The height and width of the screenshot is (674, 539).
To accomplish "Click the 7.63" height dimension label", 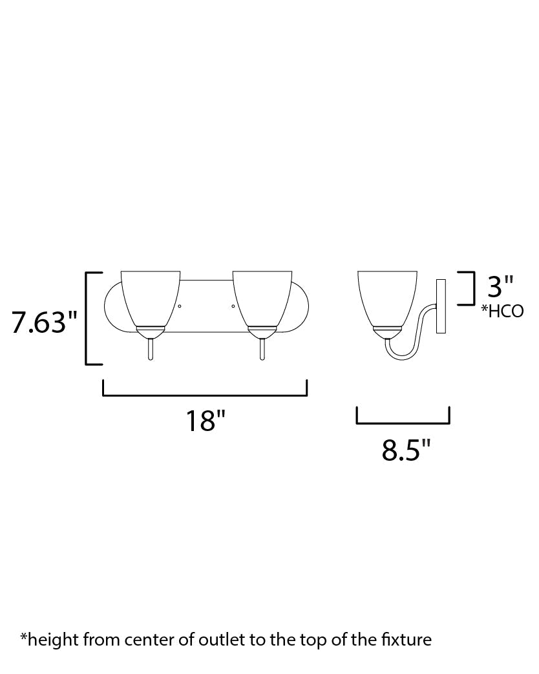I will [44, 321].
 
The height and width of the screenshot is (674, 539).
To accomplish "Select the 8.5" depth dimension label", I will [406, 450].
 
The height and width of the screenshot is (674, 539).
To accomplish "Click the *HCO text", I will [502, 312].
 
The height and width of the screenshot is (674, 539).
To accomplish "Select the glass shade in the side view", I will [385, 297].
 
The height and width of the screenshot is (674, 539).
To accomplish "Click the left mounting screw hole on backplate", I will [180, 306].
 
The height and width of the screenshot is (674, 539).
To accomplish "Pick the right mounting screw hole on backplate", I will [233, 306].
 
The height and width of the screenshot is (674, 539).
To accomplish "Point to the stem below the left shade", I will [150, 348].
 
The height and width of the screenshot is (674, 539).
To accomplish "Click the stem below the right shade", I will [262, 348].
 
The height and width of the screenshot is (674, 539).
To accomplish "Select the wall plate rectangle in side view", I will [442, 306].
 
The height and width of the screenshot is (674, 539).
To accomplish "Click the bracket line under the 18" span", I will [205, 395].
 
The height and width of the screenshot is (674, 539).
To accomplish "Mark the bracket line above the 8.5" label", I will [403, 423].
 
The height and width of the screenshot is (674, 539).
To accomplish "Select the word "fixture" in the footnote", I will [408, 640].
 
